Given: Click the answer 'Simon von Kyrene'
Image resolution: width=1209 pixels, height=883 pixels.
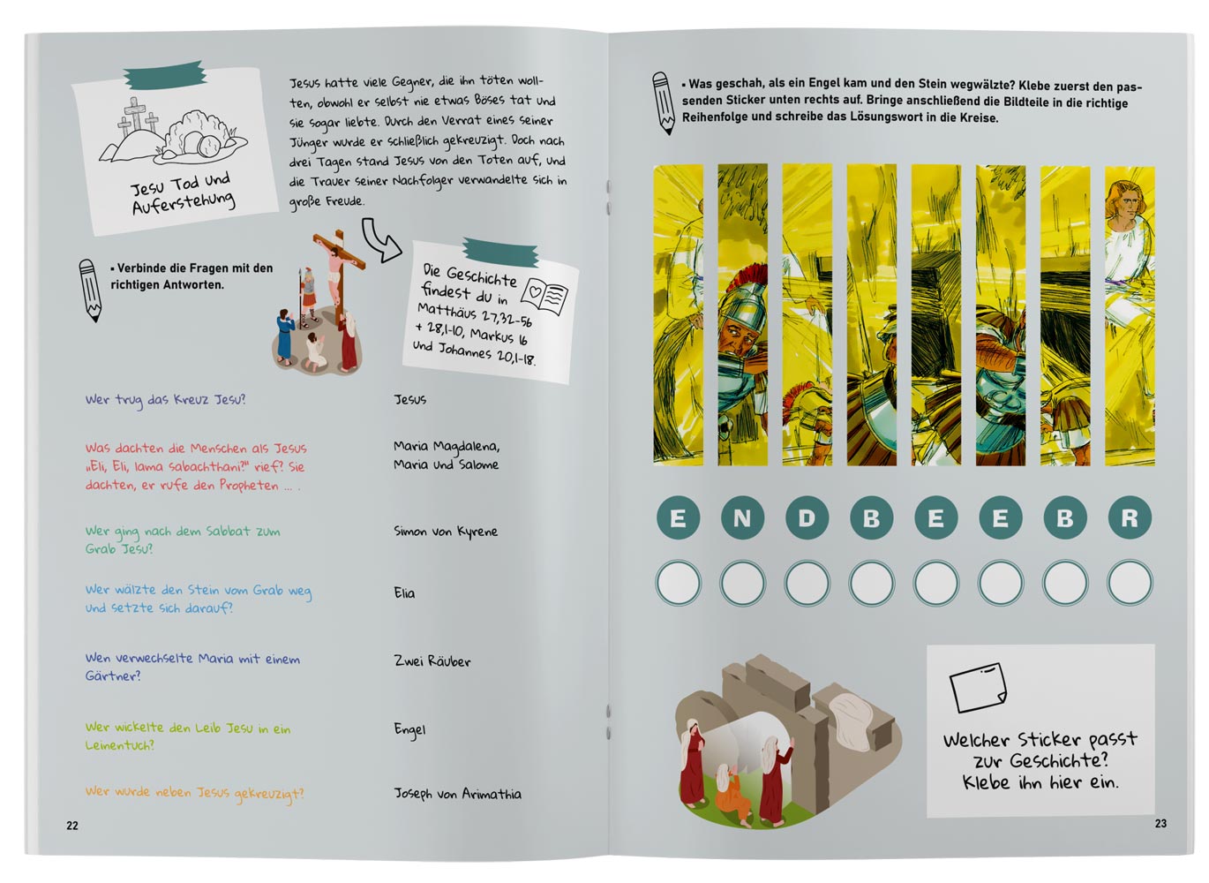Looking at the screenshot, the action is click(x=446, y=532).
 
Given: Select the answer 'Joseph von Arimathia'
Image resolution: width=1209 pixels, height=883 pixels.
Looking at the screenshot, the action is click(x=458, y=794).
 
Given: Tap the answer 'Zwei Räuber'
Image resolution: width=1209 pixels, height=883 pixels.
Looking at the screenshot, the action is click(x=432, y=660).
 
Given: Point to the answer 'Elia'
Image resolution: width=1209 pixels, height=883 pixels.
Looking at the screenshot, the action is click(x=404, y=593).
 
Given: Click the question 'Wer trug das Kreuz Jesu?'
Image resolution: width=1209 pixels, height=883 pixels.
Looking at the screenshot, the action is click(x=165, y=400).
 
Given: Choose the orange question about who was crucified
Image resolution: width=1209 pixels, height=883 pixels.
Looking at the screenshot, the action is click(x=194, y=793).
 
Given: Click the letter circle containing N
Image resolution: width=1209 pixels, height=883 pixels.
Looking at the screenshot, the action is click(x=742, y=518).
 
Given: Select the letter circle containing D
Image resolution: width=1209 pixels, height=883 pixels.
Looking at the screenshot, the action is click(x=807, y=518).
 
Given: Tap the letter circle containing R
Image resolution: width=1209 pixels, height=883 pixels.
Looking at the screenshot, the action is click(x=1130, y=517).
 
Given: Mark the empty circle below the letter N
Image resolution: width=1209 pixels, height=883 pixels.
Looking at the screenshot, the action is click(x=742, y=583).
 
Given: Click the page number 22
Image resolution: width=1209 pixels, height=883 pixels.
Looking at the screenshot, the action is click(x=72, y=826).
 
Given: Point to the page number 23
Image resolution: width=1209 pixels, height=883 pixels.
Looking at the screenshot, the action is click(x=1161, y=823).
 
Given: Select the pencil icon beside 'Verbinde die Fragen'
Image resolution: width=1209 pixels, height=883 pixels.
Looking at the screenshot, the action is click(x=90, y=291).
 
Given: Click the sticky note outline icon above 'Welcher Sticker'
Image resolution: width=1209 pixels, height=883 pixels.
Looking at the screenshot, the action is click(x=978, y=687).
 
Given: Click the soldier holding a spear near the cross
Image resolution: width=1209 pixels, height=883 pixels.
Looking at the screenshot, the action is click(x=307, y=297).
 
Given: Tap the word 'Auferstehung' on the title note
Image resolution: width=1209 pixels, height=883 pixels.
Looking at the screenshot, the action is click(x=184, y=202).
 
